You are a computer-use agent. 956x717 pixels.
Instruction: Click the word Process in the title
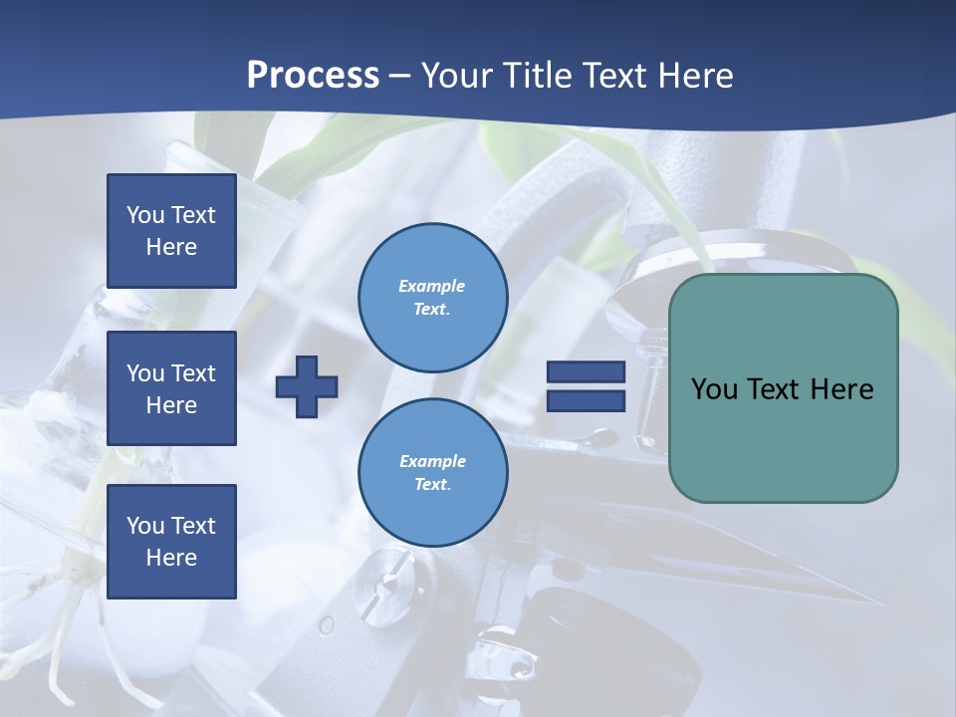tap(313, 76)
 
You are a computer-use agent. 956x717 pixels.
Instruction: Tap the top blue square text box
tap(171, 231)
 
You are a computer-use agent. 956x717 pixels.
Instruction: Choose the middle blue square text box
tap(171, 388)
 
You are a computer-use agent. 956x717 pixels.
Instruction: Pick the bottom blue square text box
tap(171, 542)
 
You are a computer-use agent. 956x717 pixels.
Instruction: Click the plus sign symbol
tap(307, 386)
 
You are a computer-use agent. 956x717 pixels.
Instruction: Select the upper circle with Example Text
tap(433, 298)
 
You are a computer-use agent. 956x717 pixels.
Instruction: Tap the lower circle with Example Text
tap(433, 473)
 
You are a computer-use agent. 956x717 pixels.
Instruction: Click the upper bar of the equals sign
tap(586, 371)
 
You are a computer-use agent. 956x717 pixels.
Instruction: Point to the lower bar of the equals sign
tap(586, 400)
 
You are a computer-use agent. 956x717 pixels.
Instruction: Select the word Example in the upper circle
tap(431, 286)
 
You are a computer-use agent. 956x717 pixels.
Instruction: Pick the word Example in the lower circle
tap(432, 461)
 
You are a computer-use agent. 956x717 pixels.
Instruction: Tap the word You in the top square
tap(144, 215)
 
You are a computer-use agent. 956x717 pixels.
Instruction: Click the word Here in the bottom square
tap(171, 558)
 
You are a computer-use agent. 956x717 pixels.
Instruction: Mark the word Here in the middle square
tap(171, 405)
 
